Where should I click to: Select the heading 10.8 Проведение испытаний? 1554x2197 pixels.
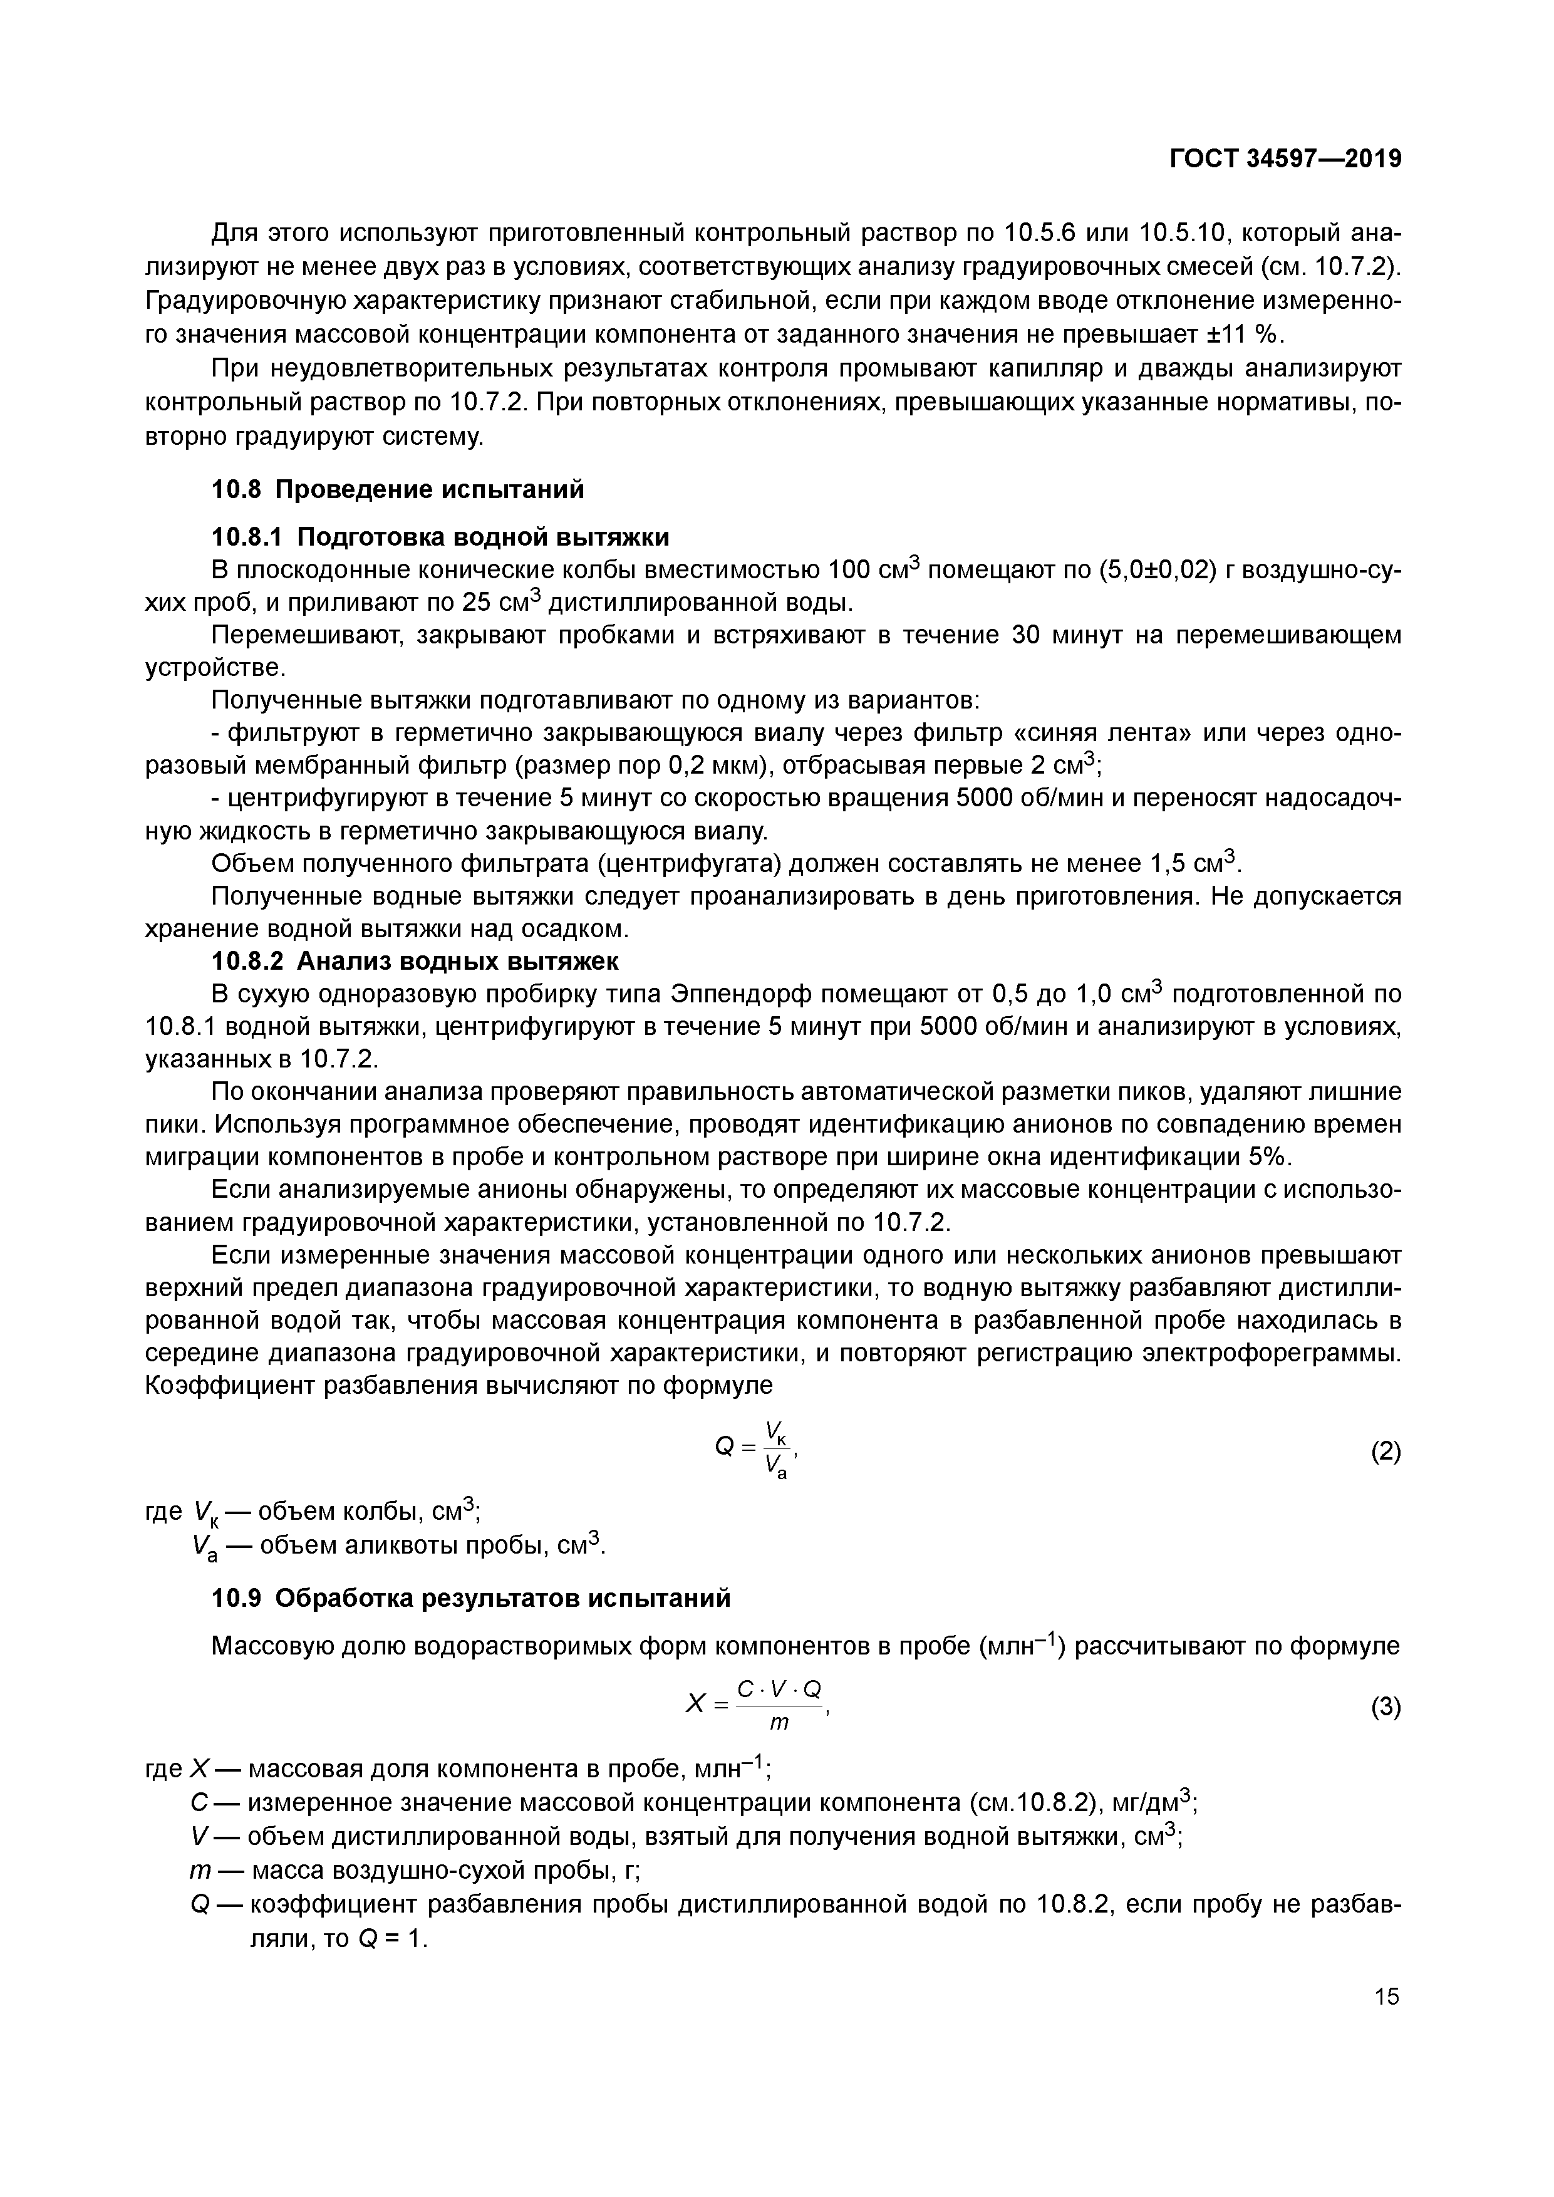(x=397, y=490)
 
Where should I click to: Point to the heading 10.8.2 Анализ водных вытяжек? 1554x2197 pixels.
(x=414, y=961)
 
